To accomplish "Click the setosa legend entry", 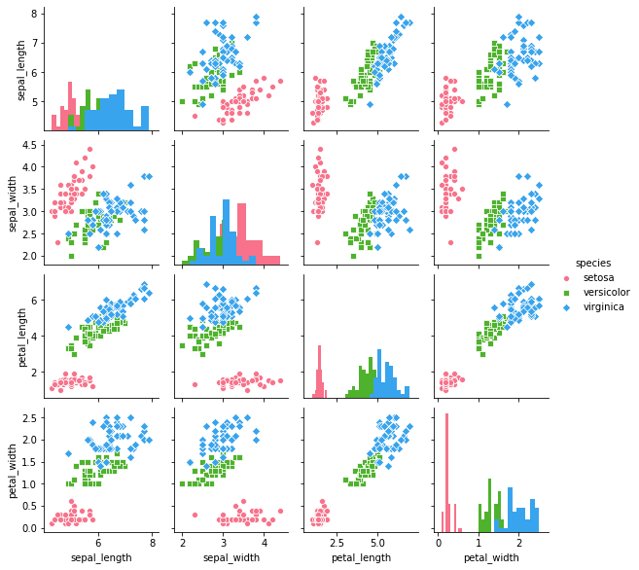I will (x=598, y=278).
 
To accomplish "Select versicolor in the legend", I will (x=606, y=293).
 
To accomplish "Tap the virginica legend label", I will (x=603, y=307).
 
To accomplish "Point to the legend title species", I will (x=592, y=263).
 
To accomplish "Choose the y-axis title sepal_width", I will (x=13, y=202).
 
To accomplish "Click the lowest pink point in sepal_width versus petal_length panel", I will (x=317, y=242).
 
